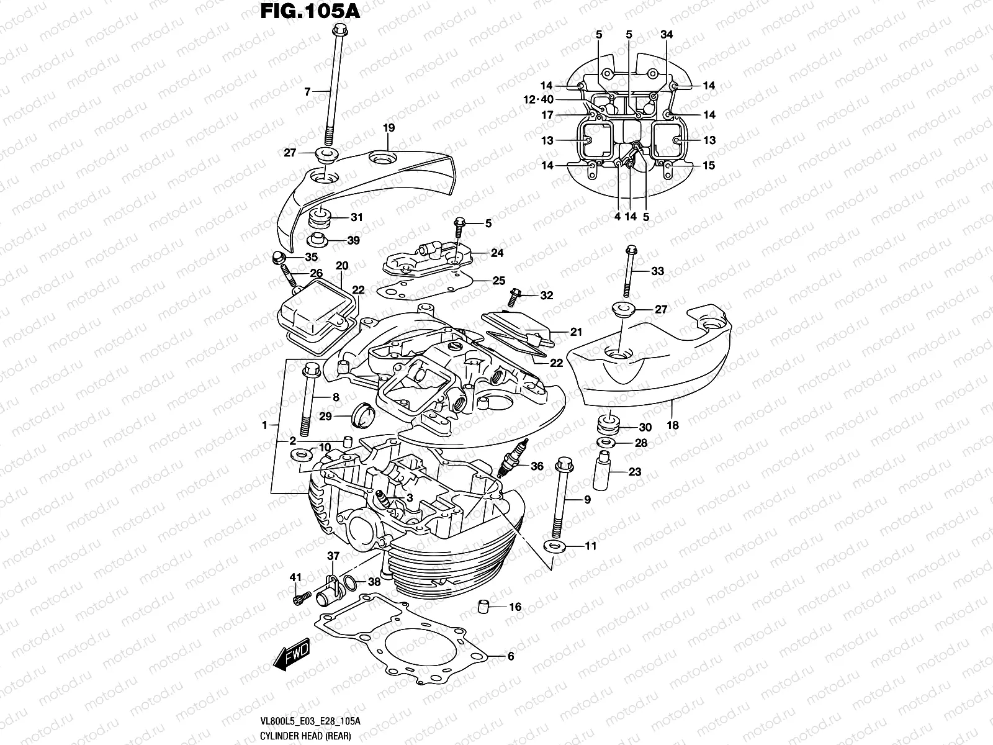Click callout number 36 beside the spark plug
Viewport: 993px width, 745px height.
[x=537, y=466]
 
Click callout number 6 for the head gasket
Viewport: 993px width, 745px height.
[x=511, y=656]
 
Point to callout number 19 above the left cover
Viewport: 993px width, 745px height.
[x=389, y=129]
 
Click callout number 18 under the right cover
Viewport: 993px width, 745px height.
[x=672, y=425]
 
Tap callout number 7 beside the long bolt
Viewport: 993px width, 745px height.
[x=307, y=92]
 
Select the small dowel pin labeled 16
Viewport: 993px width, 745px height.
[x=485, y=607]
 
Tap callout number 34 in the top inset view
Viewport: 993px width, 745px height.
[x=667, y=35]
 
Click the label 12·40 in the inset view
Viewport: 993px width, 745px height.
[x=537, y=99]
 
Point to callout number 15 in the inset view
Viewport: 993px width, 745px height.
[x=709, y=165]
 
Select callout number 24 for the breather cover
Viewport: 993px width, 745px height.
[x=496, y=253]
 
